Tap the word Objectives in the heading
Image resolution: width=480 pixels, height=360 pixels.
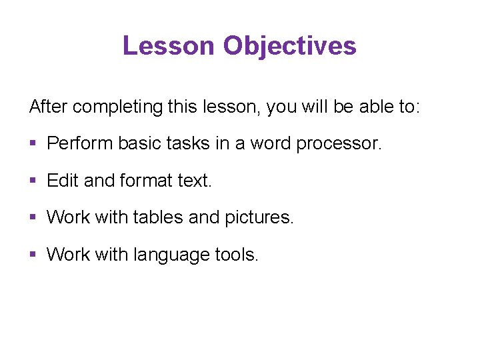coord(290,46)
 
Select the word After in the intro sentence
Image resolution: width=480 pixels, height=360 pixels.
coord(49,106)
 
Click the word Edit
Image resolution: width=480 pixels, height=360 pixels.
coord(63,180)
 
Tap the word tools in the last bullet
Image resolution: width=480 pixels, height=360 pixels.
coord(237,254)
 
